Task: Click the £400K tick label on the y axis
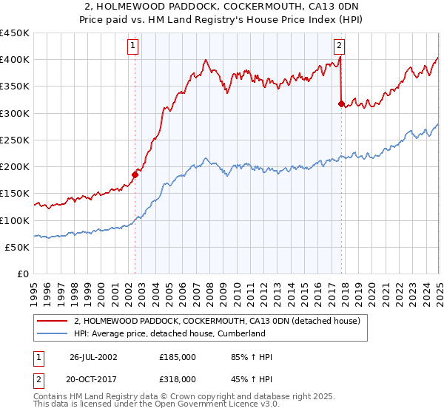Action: tap(15, 60)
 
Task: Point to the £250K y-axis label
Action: tap(15, 140)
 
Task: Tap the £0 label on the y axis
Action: tap(24, 274)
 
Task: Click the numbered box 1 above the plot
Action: tap(132, 45)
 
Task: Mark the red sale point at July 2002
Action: tap(135, 174)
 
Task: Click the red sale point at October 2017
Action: tap(341, 104)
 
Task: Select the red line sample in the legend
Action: tap(53, 321)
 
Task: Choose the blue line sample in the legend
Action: tap(53, 333)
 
